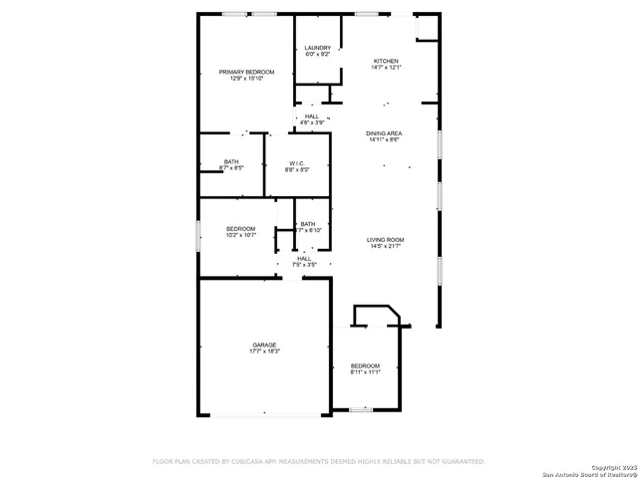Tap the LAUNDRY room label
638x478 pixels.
pos(318,48)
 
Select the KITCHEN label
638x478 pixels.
pos(386,61)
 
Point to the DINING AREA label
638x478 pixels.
pos(385,133)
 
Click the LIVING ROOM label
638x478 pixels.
pos(385,239)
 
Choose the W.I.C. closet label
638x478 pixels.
pos(298,162)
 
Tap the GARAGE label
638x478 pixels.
pos(264,345)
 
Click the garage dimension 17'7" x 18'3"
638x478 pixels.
pos(264,352)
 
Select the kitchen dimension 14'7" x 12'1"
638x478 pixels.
pos(386,68)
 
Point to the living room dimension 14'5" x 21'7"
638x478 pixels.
pos(385,246)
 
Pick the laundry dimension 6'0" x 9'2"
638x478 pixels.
pos(318,55)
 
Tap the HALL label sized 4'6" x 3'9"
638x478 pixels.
pos(313,117)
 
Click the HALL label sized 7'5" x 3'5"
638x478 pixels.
pos(304,258)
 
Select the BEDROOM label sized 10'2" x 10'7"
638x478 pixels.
pos(240,229)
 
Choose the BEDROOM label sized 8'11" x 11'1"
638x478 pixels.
pos(365,365)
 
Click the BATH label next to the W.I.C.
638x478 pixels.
pos(231,162)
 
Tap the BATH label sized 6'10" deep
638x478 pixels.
pos(308,224)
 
